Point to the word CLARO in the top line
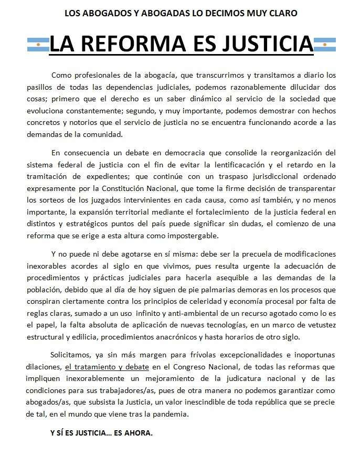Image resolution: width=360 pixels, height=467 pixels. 284,13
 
